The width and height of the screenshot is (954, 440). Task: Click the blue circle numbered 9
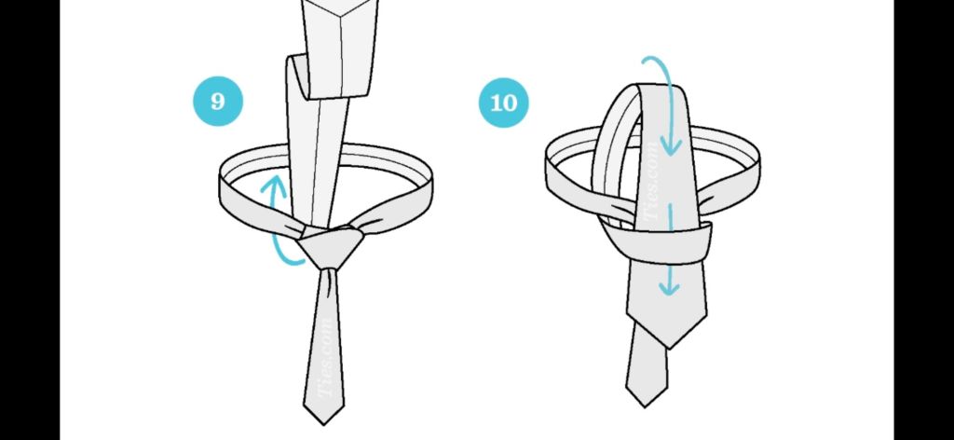[218, 101]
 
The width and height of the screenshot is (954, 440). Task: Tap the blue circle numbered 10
[504, 103]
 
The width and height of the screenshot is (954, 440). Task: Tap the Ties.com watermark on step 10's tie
[651, 181]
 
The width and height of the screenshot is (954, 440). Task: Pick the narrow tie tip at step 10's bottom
[647, 405]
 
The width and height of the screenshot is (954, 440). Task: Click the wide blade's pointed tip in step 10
[669, 348]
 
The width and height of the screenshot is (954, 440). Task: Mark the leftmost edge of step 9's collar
[220, 188]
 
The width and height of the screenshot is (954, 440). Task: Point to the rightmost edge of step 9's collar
[433, 188]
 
